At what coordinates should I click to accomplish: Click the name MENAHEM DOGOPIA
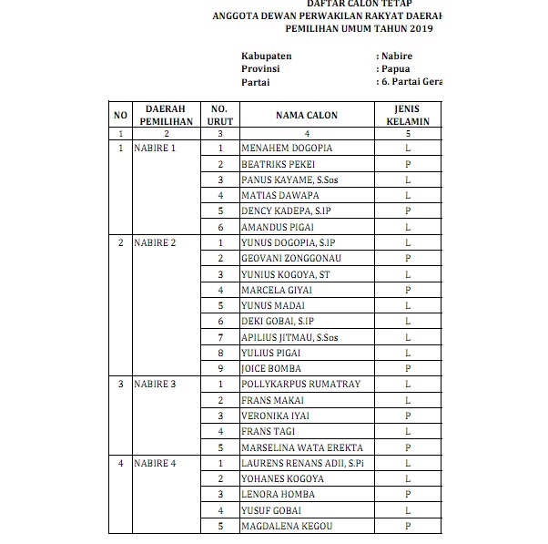(x=287, y=149)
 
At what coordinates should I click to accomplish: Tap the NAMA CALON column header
(x=306, y=116)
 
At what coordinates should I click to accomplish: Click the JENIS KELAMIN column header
(x=407, y=116)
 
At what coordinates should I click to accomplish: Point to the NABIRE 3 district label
(x=155, y=385)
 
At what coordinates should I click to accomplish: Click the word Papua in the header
(x=395, y=69)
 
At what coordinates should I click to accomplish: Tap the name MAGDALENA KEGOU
(x=287, y=527)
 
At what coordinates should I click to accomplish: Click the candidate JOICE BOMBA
(x=271, y=369)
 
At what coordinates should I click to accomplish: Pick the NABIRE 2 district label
(x=155, y=243)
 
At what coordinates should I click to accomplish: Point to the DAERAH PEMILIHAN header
(x=166, y=116)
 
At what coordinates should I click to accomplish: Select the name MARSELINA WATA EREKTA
(x=301, y=448)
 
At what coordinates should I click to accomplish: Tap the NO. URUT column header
(x=219, y=116)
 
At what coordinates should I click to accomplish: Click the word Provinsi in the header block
(x=260, y=69)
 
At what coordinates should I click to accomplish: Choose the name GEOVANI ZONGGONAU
(x=291, y=259)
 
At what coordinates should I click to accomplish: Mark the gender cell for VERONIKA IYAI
(x=407, y=416)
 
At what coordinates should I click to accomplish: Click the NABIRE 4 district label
(x=155, y=464)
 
